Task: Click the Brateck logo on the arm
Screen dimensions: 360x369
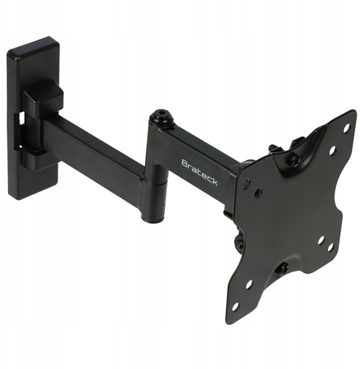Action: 199,172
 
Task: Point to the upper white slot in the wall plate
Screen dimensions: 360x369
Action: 22,117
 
